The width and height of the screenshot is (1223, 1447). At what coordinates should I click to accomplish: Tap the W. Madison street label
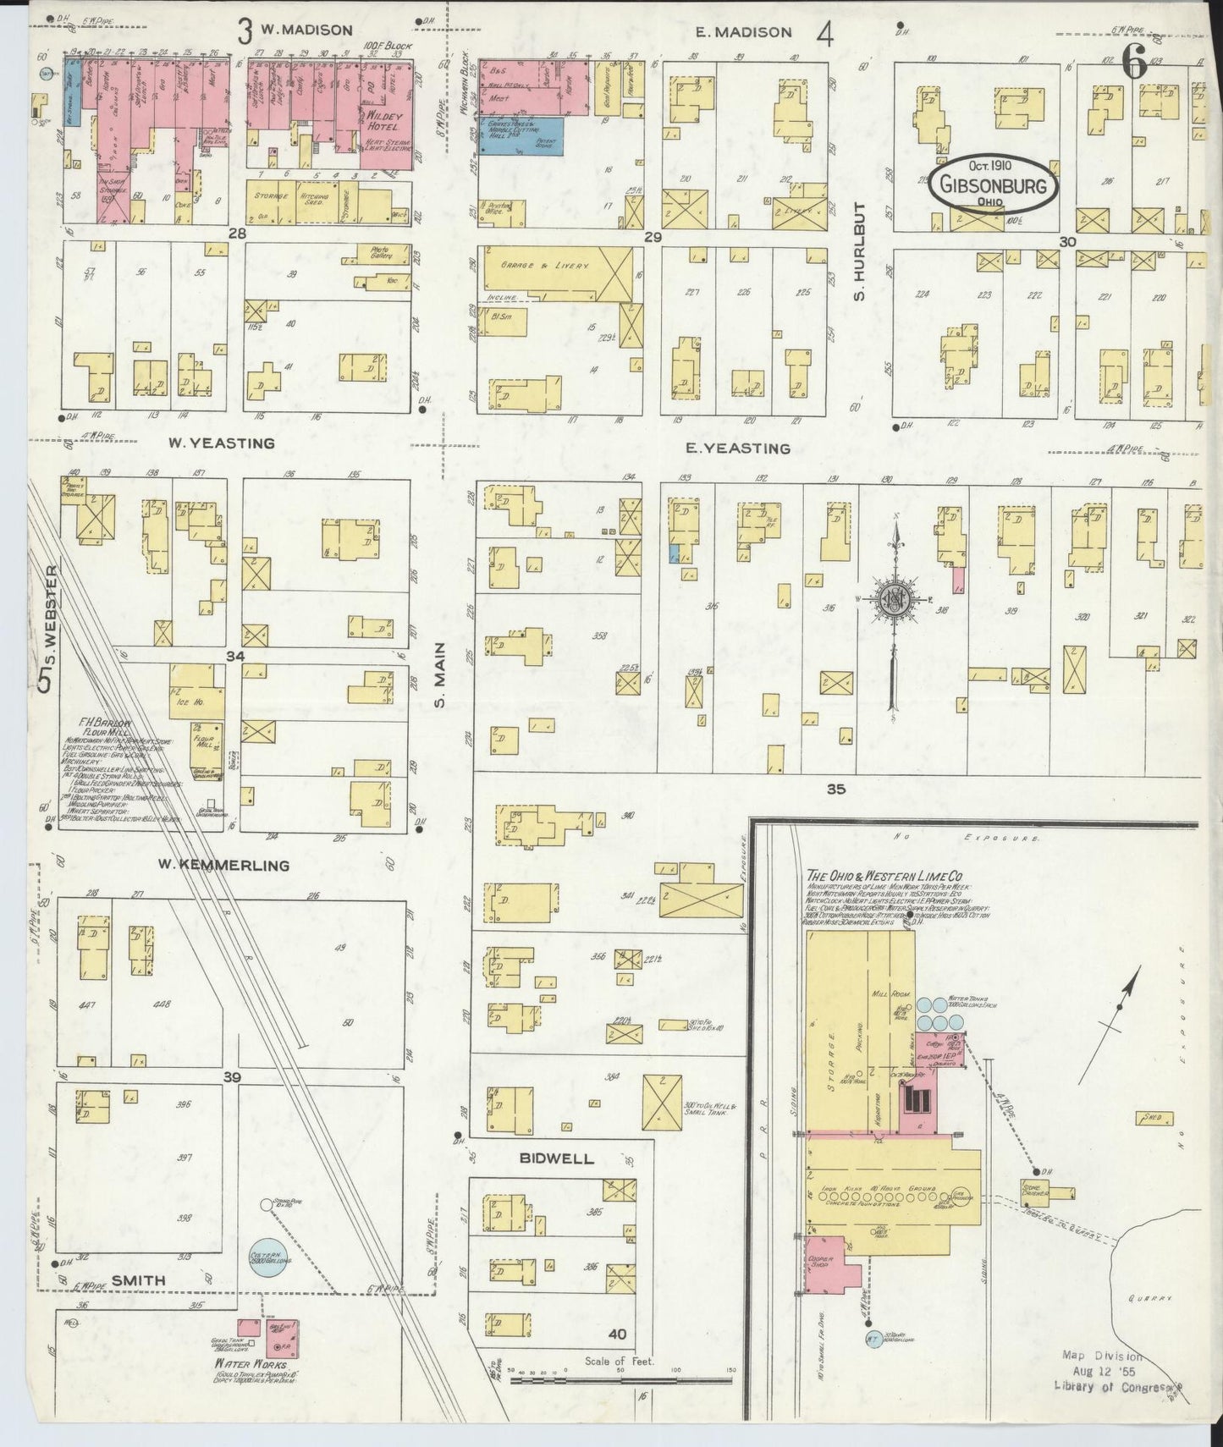(306, 30)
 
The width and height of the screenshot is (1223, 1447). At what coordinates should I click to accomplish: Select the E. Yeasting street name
(737, 448)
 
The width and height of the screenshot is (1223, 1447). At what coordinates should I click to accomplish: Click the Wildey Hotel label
(383, 119)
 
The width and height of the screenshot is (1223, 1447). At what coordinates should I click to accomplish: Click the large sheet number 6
(1133, 61)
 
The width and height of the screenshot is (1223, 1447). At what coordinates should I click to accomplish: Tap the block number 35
(835, 789)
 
